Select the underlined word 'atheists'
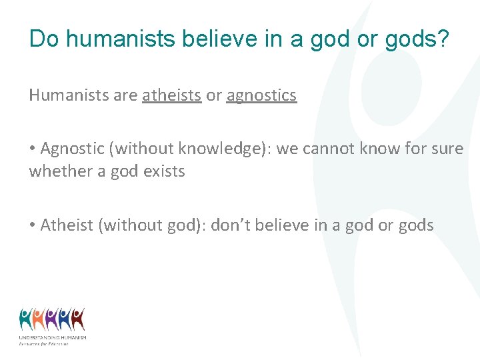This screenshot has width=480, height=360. coord(171,95)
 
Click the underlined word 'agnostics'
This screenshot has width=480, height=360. coord(261,95)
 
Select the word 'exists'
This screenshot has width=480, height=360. coord(164,171)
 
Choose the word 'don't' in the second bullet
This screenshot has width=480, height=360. coord(232,225)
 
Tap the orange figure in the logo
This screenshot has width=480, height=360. coord(39,320)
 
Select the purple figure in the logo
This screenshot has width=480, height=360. coord(52,320)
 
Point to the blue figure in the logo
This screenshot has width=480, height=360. coord(65,320)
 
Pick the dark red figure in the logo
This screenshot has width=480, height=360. coord(78,320)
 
